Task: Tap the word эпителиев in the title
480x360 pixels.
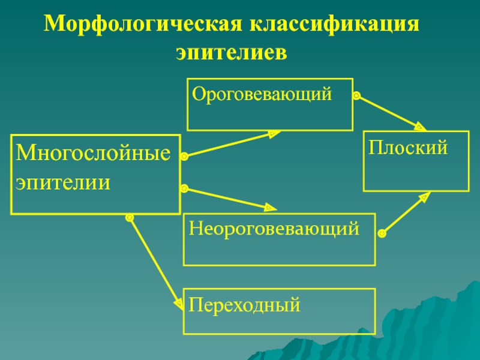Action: point(232,53)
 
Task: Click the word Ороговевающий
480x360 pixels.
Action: point(262,94)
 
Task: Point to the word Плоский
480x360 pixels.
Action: point(408,147)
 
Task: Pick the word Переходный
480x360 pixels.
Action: point(245,305)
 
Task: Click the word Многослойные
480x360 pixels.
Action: point(94,153)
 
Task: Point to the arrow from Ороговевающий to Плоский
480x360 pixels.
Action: point(390,112)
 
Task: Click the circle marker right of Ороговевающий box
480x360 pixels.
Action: point(356,95)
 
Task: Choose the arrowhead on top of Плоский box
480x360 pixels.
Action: point(420,127)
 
